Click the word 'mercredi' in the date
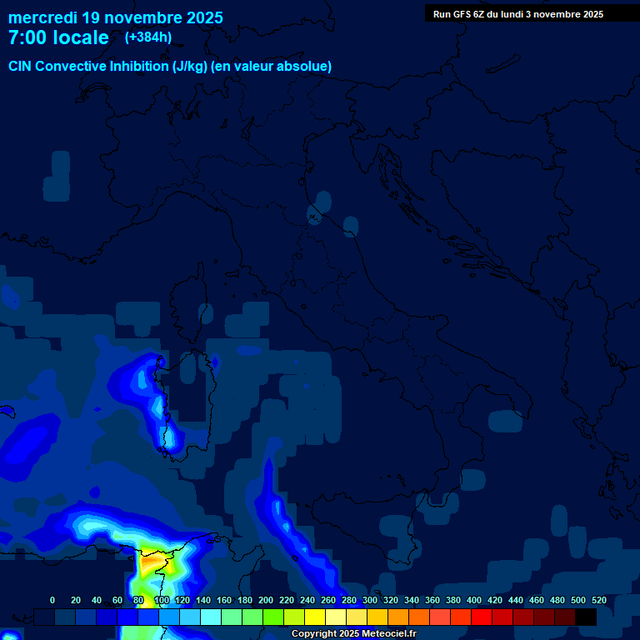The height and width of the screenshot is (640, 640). point(42,17)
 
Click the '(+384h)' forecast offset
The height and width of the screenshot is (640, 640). point(147,37)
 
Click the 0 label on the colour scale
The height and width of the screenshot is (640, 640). point(52,600)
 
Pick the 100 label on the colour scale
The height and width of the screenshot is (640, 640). point(162,600)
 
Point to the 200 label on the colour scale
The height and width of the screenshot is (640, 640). point(266,600)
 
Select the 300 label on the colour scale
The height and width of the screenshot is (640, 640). point(370,600)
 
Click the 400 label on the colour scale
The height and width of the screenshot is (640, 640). point(474,600)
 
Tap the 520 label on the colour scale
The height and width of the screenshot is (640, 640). point(598,600)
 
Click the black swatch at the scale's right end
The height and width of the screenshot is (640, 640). point(586,617)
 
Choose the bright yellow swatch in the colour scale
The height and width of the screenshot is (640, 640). point(315,617)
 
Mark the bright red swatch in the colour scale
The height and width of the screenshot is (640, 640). point(482,617)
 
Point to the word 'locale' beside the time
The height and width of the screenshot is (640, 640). point(79,37)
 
